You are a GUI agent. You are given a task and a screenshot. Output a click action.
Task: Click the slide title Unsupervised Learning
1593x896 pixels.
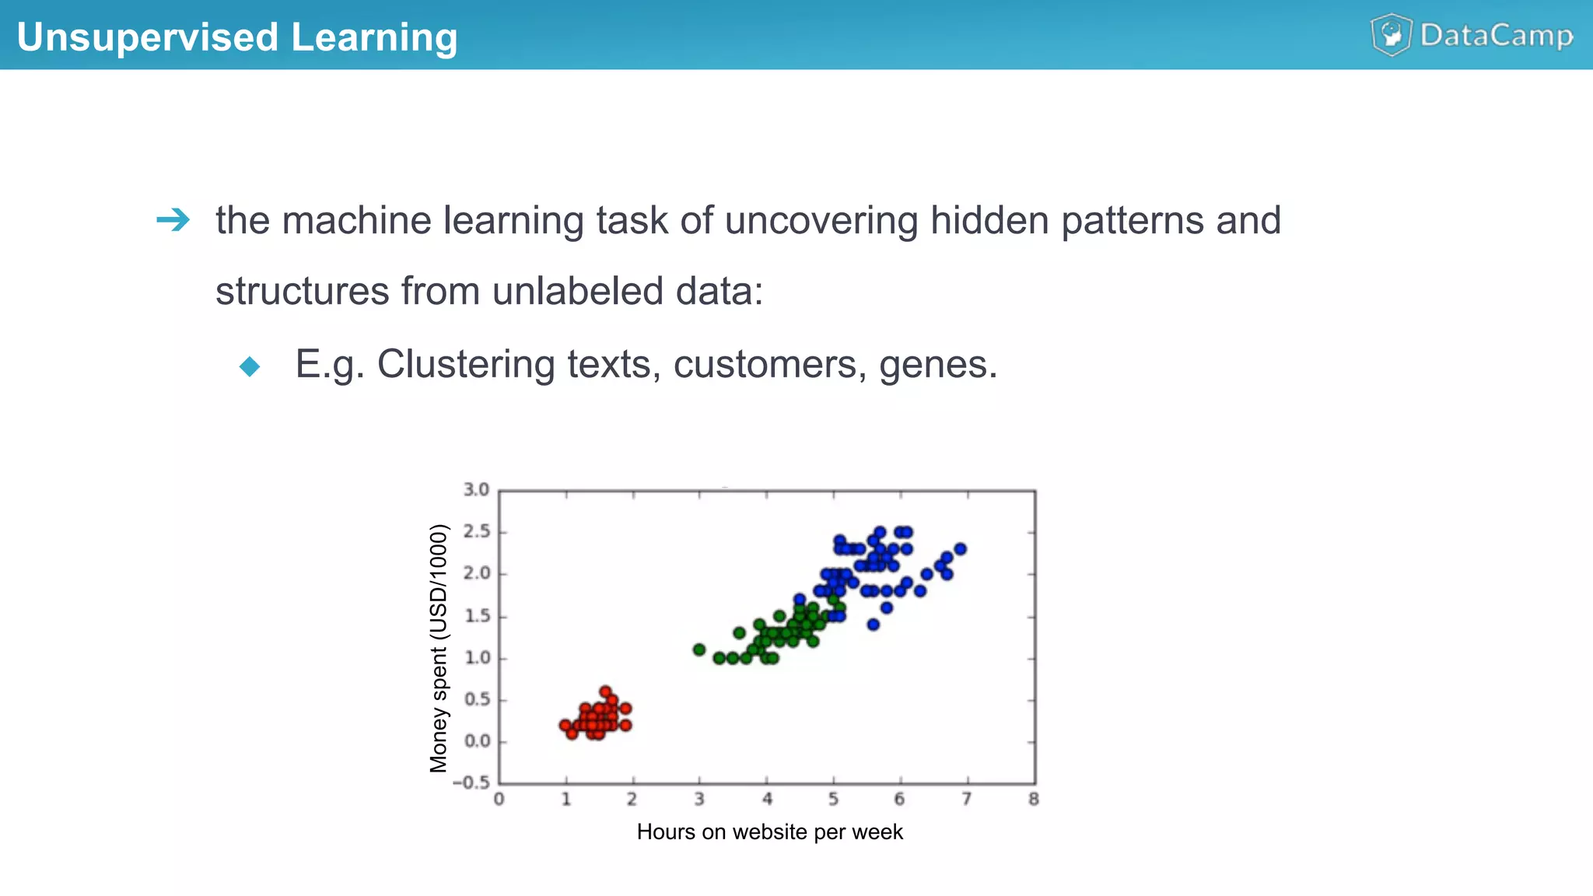tap(237, 37)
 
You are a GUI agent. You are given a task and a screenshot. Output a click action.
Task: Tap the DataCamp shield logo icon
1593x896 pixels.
tap(1391, 35)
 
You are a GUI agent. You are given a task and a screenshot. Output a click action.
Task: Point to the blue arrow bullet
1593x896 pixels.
tap(173, 220)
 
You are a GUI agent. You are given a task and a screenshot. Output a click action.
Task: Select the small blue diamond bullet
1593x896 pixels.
tap(250, 366)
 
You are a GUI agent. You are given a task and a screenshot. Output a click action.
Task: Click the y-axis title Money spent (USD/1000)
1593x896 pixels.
tap(439, 648)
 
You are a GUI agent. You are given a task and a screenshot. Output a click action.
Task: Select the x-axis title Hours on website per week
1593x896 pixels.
tap(769, 832)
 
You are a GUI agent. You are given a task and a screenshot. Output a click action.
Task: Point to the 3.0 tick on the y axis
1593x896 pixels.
tap(476, 490)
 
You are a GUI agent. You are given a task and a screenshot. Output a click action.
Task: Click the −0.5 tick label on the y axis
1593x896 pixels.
tap(471, 782)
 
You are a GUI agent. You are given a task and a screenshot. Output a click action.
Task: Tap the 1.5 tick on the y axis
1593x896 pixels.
tap(476, 616)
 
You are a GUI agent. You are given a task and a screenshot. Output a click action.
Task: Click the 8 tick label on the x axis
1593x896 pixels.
tap(1033, 800)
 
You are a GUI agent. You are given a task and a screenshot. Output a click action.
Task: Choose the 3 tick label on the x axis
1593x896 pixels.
tap(699, 800)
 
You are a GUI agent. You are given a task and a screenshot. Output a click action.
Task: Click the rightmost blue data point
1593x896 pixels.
tap(960, 549)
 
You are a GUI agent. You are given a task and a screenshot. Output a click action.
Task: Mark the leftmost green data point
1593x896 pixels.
tap(699, 649)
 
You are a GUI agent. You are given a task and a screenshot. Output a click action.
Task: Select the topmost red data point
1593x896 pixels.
tap(605, 691)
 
